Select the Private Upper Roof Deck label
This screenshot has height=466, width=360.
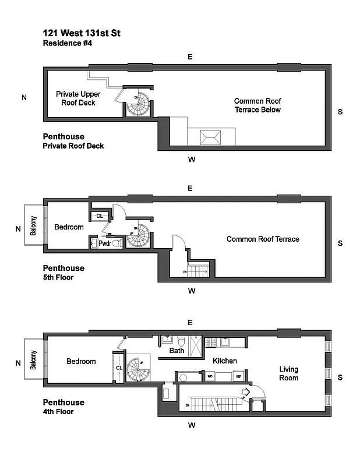[x=76, y=98]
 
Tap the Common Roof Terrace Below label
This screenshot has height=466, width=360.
[x=257, y=105]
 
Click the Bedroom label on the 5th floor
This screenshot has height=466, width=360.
[x=69, y=227]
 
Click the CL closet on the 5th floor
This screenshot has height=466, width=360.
[x=100, y=216]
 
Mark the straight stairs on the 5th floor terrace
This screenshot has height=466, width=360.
[x=200, y=270]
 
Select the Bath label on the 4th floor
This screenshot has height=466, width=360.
[x=177, y=351]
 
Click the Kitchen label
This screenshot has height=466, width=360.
[x=224, y=361]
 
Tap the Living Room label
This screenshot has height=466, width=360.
[x=288, y=373]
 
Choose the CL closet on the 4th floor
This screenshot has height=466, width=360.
[x=118, y=368]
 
